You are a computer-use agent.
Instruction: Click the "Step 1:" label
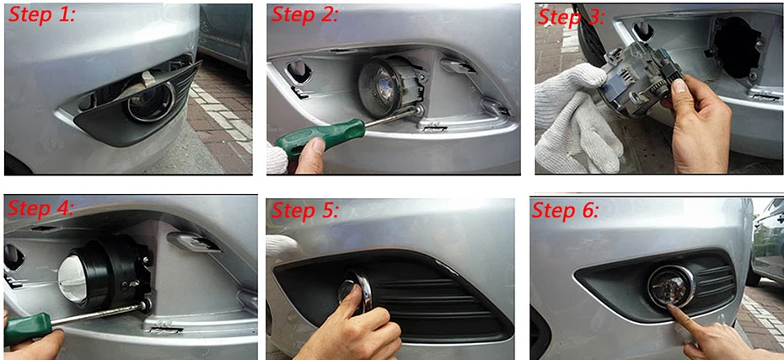click(x=41, y=14)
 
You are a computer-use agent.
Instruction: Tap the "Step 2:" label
click(x=304, y=14)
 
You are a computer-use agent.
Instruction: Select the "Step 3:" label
click(x=571, y=18)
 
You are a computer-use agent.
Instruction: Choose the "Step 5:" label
click(x=304, y=211)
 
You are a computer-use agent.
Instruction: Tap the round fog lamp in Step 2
click(x=386, y=83)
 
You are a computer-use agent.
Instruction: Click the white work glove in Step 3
click(x=579, y=117)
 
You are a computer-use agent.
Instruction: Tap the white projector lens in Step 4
click(x=75, y=277)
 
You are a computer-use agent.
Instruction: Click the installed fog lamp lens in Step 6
click(x=670, y=286)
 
